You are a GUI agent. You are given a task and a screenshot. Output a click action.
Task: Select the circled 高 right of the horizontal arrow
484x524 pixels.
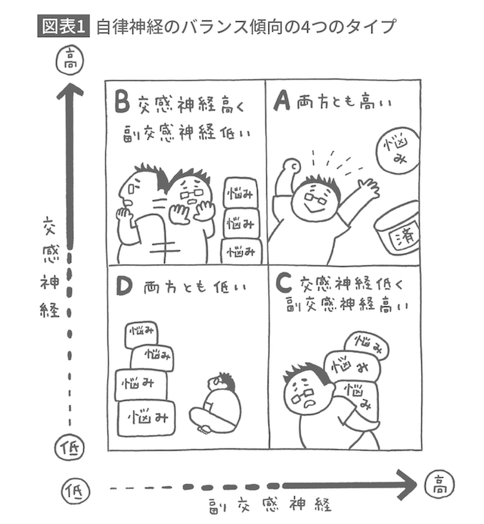[x=439, y=482]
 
